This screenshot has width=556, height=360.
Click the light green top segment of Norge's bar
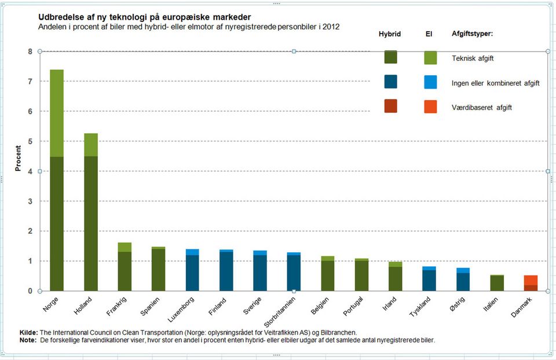point(57,113)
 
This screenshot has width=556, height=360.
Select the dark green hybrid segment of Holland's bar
point(90,223)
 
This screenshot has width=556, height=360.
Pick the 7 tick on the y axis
point(30,81)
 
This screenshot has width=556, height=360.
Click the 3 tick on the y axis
point(30,201)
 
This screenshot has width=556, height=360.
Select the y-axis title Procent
point(18,158)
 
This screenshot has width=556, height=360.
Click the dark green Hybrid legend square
point(390,58)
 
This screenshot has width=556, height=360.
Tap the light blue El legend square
point(430,82)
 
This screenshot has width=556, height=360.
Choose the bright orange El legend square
point(430,106)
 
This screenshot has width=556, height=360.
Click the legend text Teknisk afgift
point(473,58)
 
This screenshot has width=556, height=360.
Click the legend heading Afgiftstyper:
point(472,34)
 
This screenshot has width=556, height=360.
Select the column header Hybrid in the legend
point(390,34)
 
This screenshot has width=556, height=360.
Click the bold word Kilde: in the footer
point(28,333)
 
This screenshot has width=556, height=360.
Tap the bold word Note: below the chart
point(28,340)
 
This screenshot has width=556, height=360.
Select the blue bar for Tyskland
point(429,279)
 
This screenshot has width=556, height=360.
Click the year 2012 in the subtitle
point(331,27)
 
